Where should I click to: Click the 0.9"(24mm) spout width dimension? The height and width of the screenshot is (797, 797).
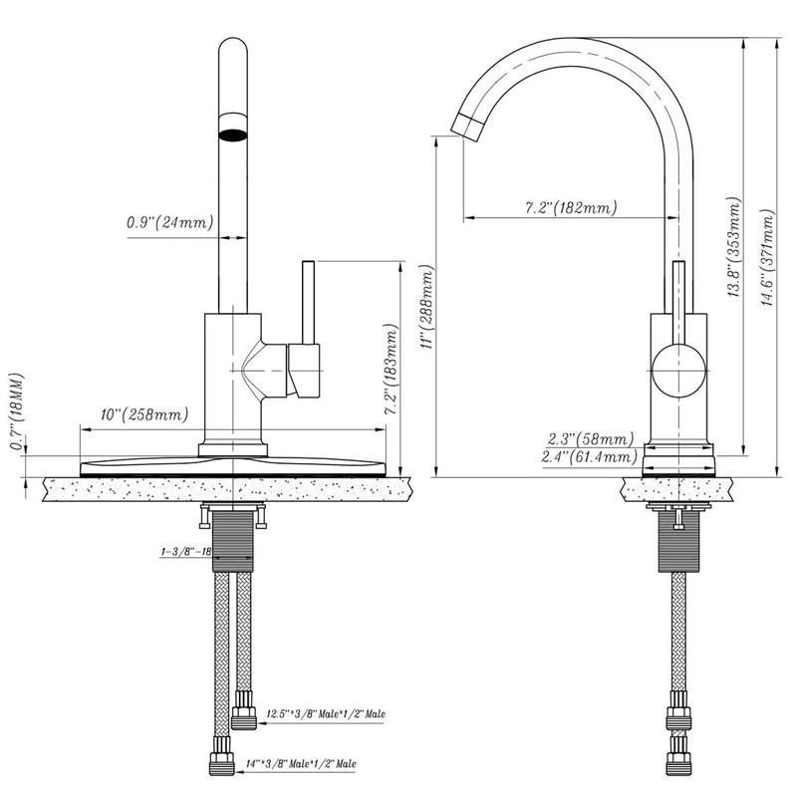pos(170,222)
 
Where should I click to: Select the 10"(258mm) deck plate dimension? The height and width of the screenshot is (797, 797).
pos(144,413)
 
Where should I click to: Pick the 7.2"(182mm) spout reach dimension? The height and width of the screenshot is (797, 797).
pos(570,208)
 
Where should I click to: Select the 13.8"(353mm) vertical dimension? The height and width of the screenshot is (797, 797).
pos(734,249)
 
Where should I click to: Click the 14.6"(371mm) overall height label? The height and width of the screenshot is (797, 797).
pos(766,259)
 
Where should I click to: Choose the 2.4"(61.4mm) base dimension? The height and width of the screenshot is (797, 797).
pos(588,456)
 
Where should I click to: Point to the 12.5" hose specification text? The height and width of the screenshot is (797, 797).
pos(325,714)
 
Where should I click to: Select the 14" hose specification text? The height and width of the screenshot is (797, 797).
pos(300,764)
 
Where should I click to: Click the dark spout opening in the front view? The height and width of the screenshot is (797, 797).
pos(232,134)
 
